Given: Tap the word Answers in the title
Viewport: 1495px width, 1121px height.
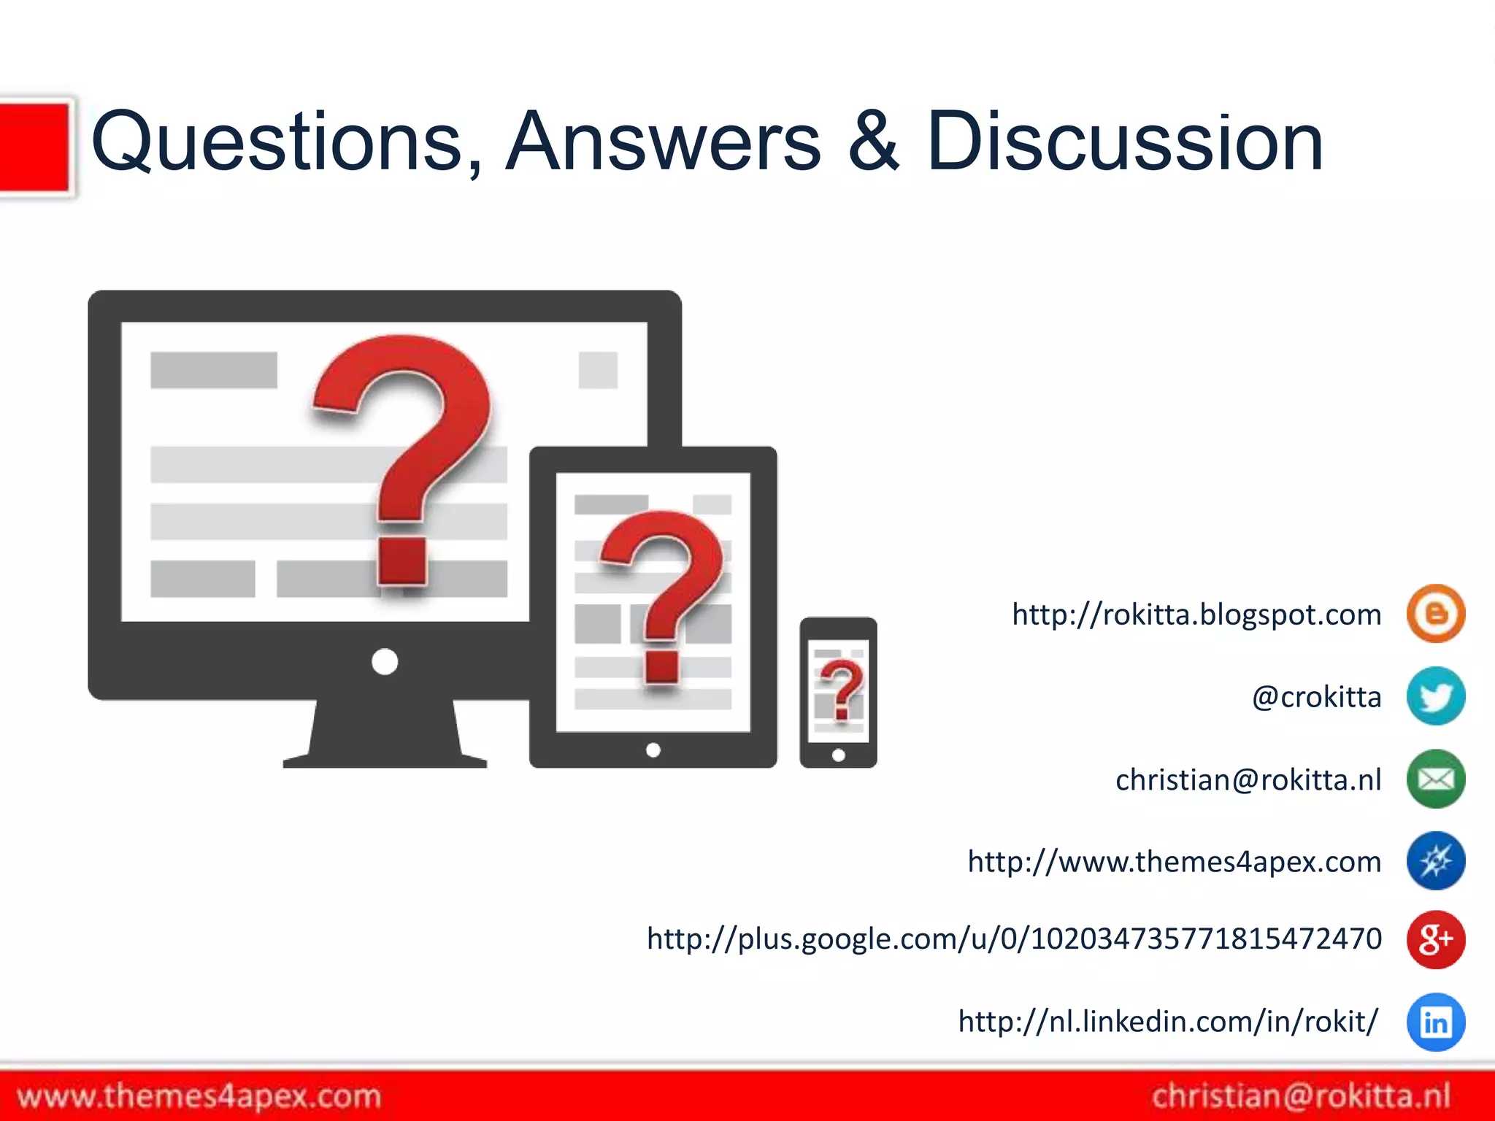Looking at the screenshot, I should pyautogui.click(x=663, y=142).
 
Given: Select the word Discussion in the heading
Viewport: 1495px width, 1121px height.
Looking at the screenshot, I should pyautogui.click(x=1124, y=142).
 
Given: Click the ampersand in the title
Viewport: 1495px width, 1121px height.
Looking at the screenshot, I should pyautogui.click(x=874, y=142).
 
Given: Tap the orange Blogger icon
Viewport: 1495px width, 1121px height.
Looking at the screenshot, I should pyautogui.click(x=1435, y=614).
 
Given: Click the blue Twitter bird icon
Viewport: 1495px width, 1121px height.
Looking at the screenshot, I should pyautogui.click(x=1435, y=696).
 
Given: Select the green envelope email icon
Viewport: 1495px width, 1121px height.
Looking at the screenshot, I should pyautogui.click(x=1435, y=779).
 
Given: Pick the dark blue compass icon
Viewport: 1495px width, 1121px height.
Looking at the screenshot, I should pyautogui.click(x=1435, y=861).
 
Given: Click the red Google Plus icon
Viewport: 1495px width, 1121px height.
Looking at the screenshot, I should pyautogui.click(x=1435, y=939).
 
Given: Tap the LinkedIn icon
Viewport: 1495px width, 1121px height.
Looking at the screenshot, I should pyautogui.click(x=1435, y=1022).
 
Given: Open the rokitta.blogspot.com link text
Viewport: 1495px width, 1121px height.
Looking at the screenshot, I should pyautogui.click(x=1196, y=615).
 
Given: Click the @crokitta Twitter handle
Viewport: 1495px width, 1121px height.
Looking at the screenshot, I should pyautogui.click(x=1316, y=698).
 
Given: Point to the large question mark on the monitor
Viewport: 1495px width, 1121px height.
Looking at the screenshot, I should pyautogui.click(x=406, y=452).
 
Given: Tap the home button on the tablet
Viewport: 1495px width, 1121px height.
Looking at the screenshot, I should pyautogui.click(x=653, y=750).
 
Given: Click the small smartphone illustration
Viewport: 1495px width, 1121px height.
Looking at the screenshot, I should pyautogui.click(x=838, y=692).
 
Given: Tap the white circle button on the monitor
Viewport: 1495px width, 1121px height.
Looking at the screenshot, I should pyautogui.click(x=385, y=662).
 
